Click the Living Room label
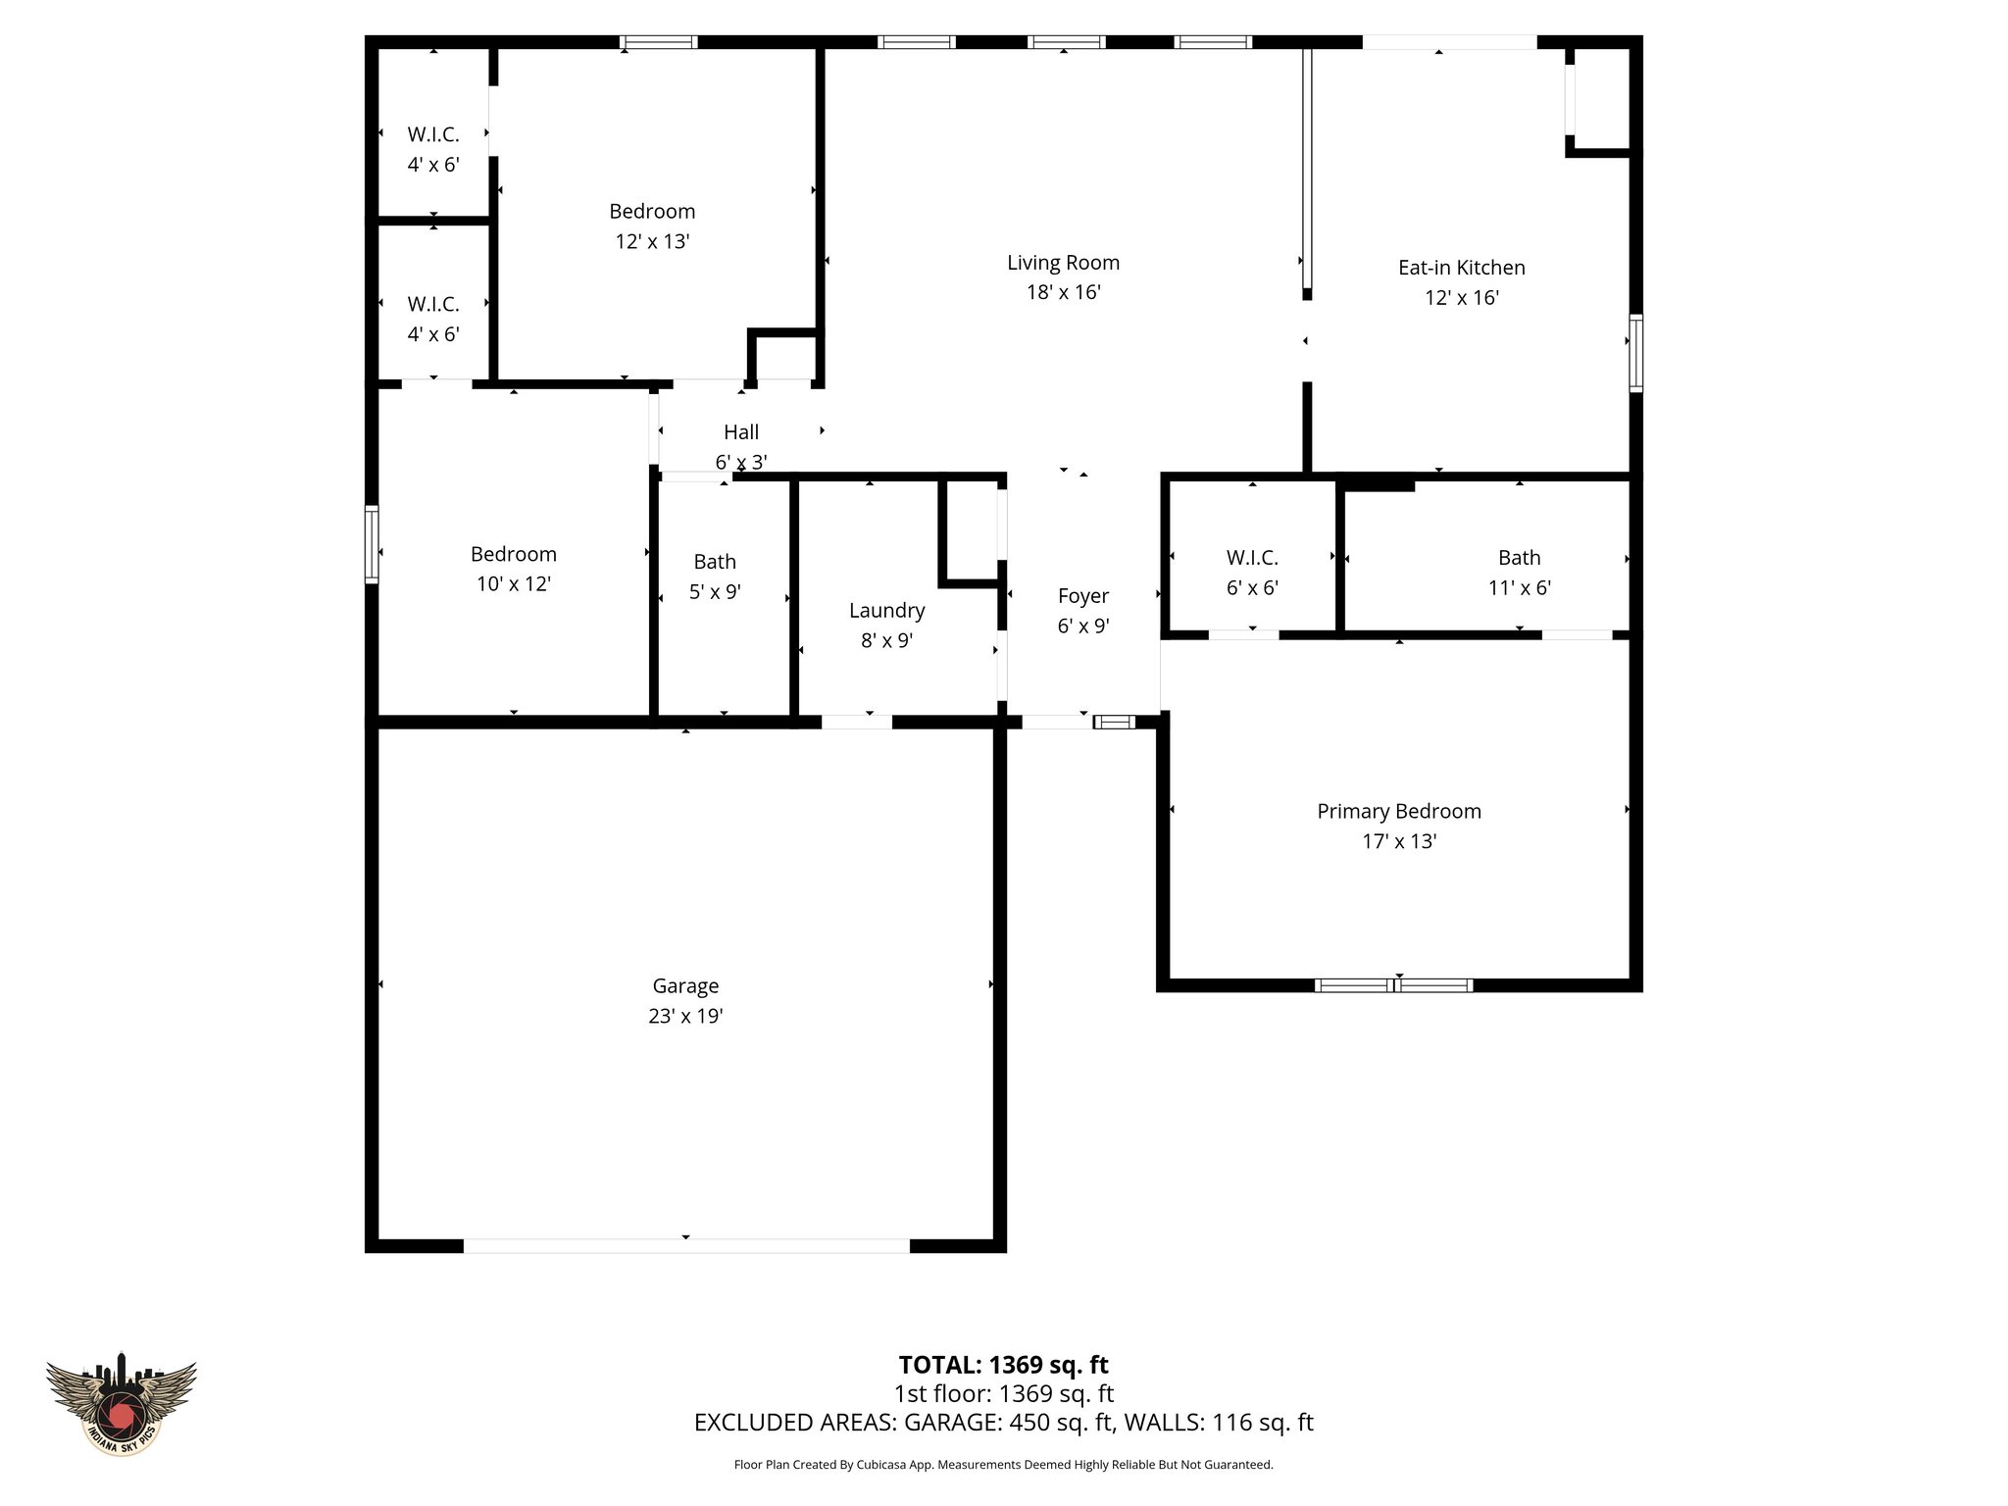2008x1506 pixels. [1063, 263]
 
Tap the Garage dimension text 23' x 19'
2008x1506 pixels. [685, 1016]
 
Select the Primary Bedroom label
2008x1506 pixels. [1398, 811]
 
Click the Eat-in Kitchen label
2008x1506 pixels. [1461, 268]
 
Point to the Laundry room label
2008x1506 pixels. [886, 611]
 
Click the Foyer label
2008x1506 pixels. [1082, 596]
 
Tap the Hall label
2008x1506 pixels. [741, 432]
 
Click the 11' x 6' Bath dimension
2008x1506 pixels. [1519, 587]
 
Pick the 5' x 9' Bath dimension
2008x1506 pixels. [715, 591]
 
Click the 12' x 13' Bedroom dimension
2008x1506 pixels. [652, 241]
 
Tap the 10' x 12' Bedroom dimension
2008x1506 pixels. [513, 583]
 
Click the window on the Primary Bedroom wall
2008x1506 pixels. [1393, 985]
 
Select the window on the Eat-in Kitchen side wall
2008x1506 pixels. [1635, 353]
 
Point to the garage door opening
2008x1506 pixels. [686, 1246]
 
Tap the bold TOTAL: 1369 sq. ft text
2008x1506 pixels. [1003, 1365]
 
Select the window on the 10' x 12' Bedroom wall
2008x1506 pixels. [372, 544]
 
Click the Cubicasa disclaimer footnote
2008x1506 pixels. [1003, 1465]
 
